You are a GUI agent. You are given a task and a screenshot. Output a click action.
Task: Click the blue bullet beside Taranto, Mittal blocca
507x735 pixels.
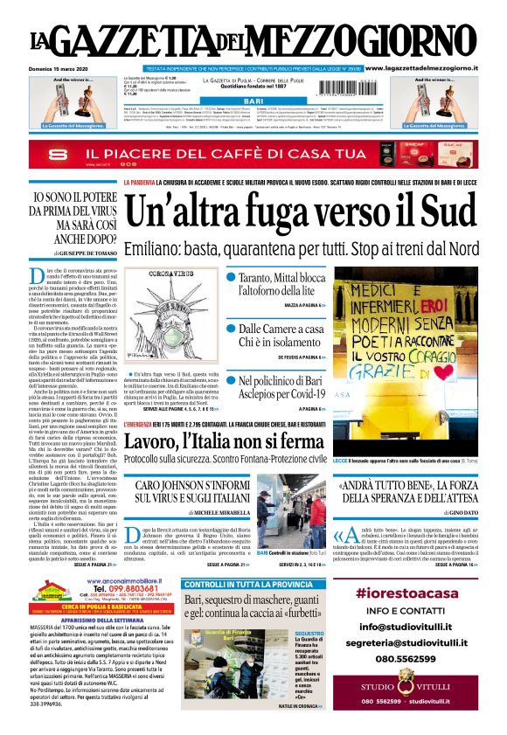point(232,277)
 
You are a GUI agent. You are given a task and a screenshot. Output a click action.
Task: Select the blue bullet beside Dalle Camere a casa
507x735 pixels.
point(232,328)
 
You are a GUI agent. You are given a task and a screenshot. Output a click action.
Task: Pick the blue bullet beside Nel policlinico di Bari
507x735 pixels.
point(232,380)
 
